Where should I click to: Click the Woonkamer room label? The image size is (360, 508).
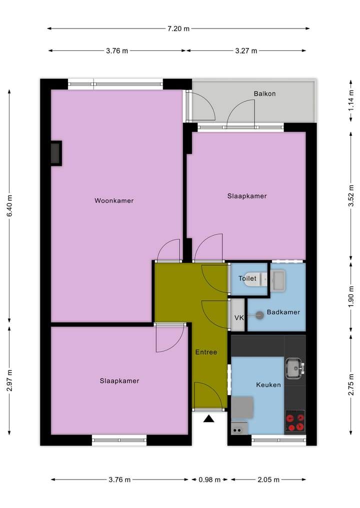(x=114, y=201)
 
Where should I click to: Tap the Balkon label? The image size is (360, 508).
(x=264, y=93)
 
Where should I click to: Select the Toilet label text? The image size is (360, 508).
(x=247, y=278)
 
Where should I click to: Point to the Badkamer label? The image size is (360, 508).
(x=283, y=312)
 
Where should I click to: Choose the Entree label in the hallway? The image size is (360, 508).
(x=206, y=352)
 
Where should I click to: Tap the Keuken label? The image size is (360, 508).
(x=268, y=385)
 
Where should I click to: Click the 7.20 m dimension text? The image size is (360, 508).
(x=178, y=28)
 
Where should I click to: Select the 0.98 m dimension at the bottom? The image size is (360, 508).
(x=209, y=480)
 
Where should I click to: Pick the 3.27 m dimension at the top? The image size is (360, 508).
(x=246, y=50)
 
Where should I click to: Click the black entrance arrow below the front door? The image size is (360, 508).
(x=209, y=419)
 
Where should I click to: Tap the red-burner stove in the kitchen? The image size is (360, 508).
(x=294, y=421)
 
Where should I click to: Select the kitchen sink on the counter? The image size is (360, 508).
(x=294, y=369)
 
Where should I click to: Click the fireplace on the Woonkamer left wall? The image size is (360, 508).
(x=55, y=153)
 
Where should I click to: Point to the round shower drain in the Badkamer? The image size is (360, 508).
(x=259, y=315)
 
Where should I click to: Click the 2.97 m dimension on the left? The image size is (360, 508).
(x=8, y=381)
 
